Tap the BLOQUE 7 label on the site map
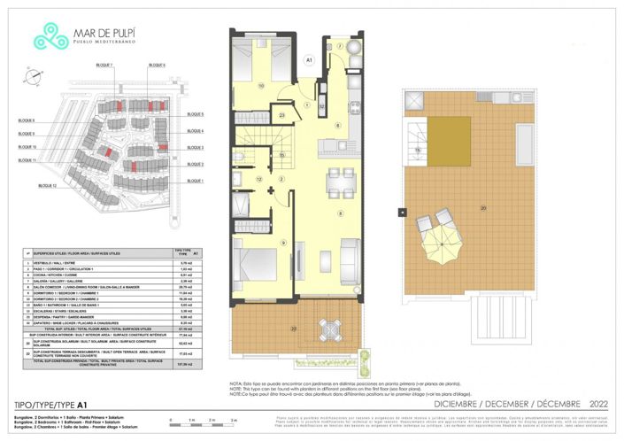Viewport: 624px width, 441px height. coord(105,66)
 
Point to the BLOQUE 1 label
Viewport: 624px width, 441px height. coord(194,182)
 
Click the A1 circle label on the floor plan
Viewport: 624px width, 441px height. coord(309,59)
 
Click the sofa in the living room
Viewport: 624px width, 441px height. coord(351,251)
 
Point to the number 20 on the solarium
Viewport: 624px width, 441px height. coord(482,208)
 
